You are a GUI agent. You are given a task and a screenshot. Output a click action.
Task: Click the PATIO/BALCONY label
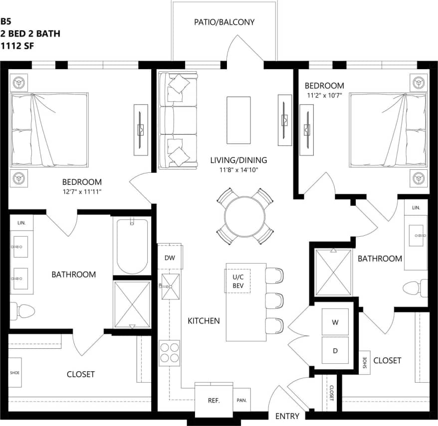[x=224, y=22]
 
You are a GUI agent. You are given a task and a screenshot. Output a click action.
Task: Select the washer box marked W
[x=335, y=322]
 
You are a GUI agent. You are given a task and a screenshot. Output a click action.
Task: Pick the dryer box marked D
[x=335, y=351]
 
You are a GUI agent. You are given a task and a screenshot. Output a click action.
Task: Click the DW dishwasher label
[x=169, y=258]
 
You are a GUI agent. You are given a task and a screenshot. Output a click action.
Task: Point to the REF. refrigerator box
[x=214, y=401]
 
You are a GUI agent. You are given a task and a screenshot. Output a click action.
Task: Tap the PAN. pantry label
[x=242, y=401]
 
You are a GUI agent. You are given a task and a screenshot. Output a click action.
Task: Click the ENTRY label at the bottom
[x=287, y=416]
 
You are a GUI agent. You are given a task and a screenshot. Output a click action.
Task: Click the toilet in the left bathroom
[x=23, y=312]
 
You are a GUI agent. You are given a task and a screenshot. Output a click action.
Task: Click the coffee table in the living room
[x=238, y=119]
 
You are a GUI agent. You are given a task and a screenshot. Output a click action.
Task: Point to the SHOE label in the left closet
[x=14, y=372]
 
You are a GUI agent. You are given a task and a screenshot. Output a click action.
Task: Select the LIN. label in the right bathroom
[x=416, y=207]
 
